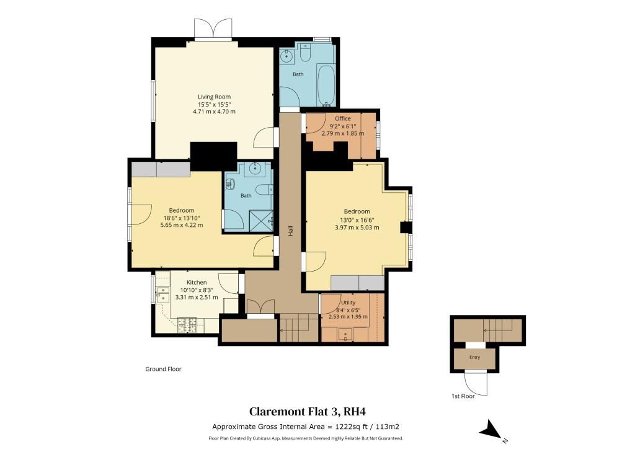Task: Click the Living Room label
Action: pos(214,97)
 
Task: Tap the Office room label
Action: pos(342,118)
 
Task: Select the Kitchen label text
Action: pos(197,282)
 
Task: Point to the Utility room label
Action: pos(349,303)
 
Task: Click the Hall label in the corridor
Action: pos(290,231)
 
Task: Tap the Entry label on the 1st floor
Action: pos(474,357)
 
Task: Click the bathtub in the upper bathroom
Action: pos(326,86)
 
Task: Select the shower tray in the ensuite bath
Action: pos(261,220)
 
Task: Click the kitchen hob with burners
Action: pos(187,325)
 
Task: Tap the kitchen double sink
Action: pos(163,294)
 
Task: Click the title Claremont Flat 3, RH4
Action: pos(308,412)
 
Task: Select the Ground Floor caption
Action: pos(163,369)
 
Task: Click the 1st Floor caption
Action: pos(463,396)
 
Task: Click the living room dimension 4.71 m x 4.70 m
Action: pos(214,112)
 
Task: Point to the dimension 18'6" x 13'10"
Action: pos(182,218)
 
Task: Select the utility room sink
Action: pos(345,335)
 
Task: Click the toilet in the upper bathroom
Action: pos(305,51)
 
